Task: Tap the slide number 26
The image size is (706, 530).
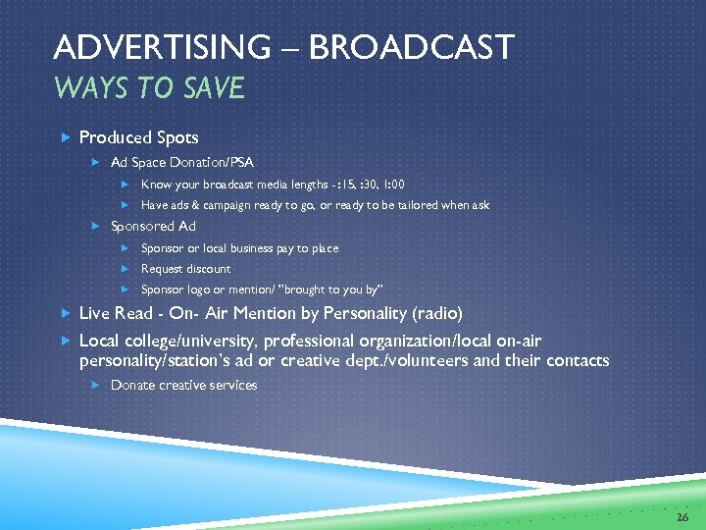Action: (682, 514)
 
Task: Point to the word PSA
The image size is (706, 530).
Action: (240, 161)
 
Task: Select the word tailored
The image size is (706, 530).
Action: (419, 205)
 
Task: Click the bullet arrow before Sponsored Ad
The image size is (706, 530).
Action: (96, 226)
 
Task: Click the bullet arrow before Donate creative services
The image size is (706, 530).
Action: (96, 385)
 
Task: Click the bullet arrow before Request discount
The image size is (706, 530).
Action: (126, 269)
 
